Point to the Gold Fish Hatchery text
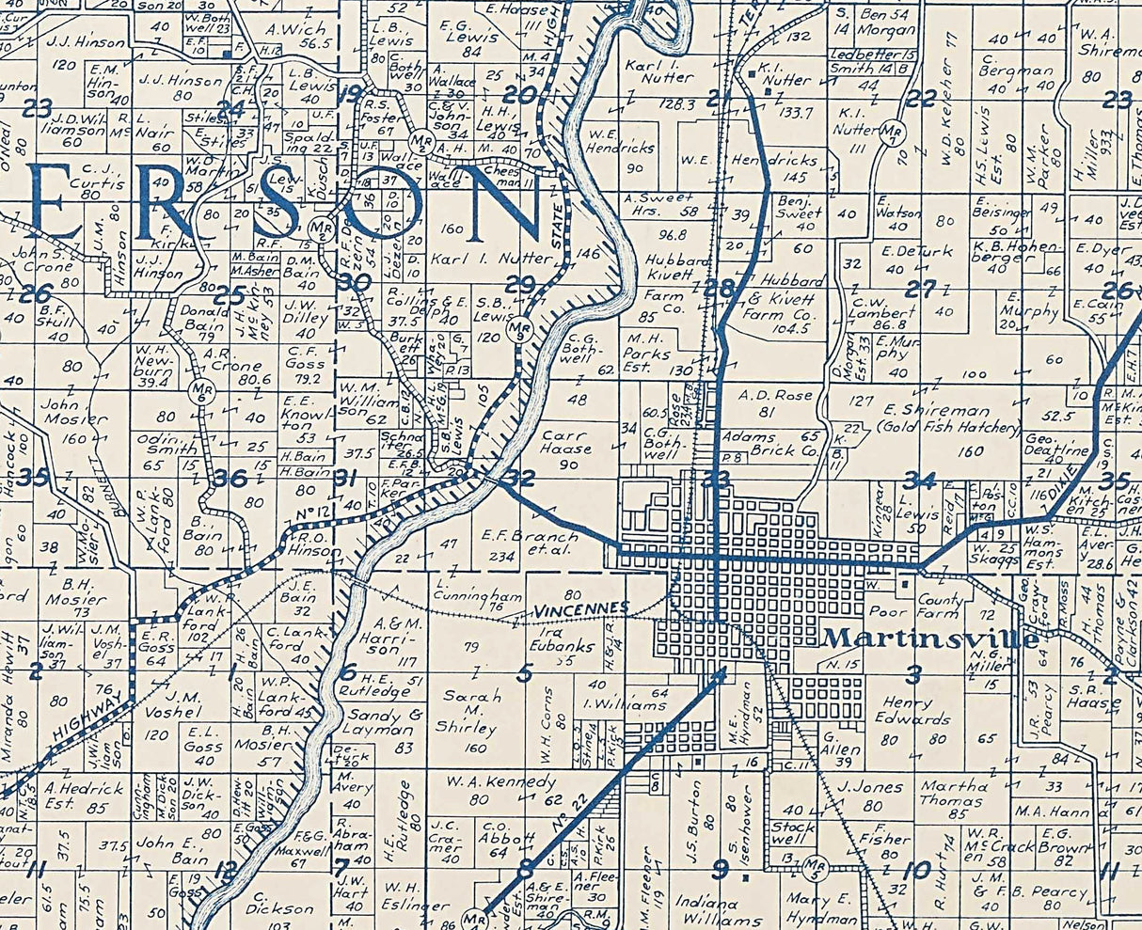click(949, 428)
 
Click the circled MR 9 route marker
click(526, 330)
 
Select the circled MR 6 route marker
click(198, 388)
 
